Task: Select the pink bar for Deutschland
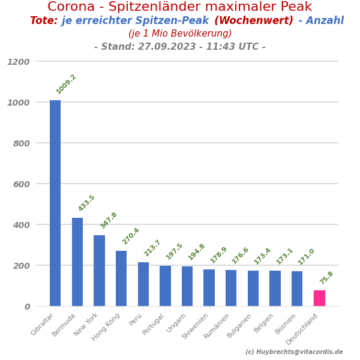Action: pos(319,298)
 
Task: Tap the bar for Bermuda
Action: pos(77,262)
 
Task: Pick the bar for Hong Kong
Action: pos(121,278)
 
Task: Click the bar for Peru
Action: pos(143,284)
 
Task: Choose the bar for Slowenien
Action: pos(209,287)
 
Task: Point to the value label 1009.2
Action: pos(66,84)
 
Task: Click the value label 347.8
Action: pos(109,220)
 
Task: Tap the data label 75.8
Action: pos(326,278)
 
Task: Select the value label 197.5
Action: pos(174,251)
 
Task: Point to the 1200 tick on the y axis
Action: pos(19,62)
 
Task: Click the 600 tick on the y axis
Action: pos(21,184)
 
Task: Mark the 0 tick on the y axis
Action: pos(27,307)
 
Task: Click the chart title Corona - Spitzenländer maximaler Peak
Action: pos(180,7)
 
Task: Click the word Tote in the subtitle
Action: pos(43,21)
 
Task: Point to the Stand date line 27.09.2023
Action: pos(179,47)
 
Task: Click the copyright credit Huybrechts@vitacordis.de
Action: pos(294,352)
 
